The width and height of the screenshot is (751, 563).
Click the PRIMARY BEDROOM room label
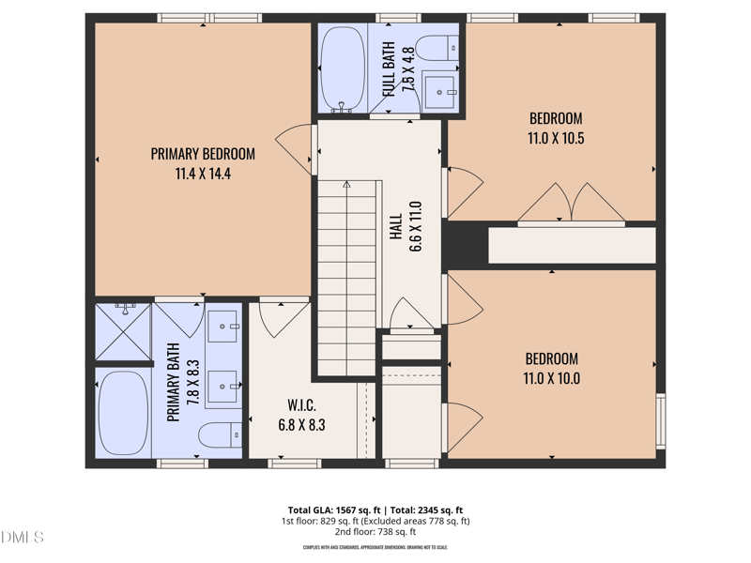[203, 155]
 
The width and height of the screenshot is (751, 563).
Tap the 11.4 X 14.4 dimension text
[203, 174]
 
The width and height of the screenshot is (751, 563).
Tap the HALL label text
[396, 227]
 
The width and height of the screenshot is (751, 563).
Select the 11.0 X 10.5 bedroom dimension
[556, 138]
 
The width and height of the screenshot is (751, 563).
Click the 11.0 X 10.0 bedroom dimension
[551, 378]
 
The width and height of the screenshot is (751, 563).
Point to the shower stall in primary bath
[123, 332]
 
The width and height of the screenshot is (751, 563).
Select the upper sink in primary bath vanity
[223, 327]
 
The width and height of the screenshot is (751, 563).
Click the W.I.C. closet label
[301, 405]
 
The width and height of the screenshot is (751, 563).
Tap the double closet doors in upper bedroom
[571, 204]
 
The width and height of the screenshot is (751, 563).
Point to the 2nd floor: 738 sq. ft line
[375, 532]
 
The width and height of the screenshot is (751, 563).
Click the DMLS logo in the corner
[23, 538]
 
